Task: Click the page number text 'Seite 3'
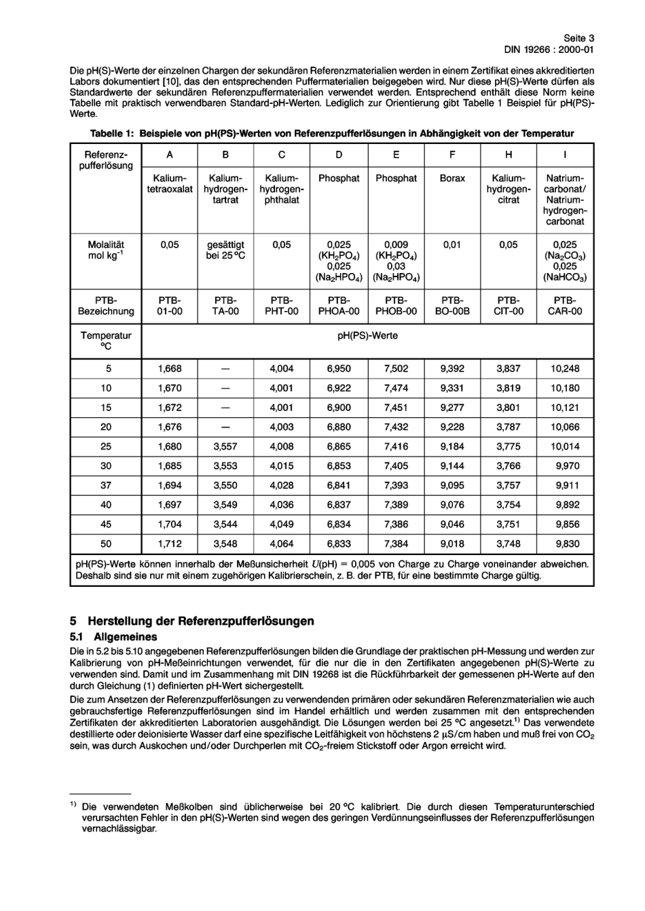pos(578,39)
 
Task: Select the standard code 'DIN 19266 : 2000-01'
pos(549,50)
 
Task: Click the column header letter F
pos(452,155)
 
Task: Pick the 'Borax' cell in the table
pos(452,178)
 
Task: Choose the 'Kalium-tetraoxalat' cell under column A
pos(170,183)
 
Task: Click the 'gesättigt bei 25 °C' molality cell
pos(225,250)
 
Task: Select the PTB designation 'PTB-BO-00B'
pos(452,306)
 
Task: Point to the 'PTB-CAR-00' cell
pos(565,306)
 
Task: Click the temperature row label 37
pos(106,486)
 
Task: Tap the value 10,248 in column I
pos(565,369)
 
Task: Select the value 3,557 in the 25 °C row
pos(225,447)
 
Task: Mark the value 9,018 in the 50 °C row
pos(452,544)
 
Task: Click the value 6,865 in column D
pos(339,447)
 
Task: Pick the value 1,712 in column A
pos(170,544)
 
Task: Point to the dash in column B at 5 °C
pos(225,369)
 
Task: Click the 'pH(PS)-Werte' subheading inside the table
pos(367,336)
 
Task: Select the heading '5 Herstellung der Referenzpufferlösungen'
pos(192,621)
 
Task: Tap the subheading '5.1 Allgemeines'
pos(113,637)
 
